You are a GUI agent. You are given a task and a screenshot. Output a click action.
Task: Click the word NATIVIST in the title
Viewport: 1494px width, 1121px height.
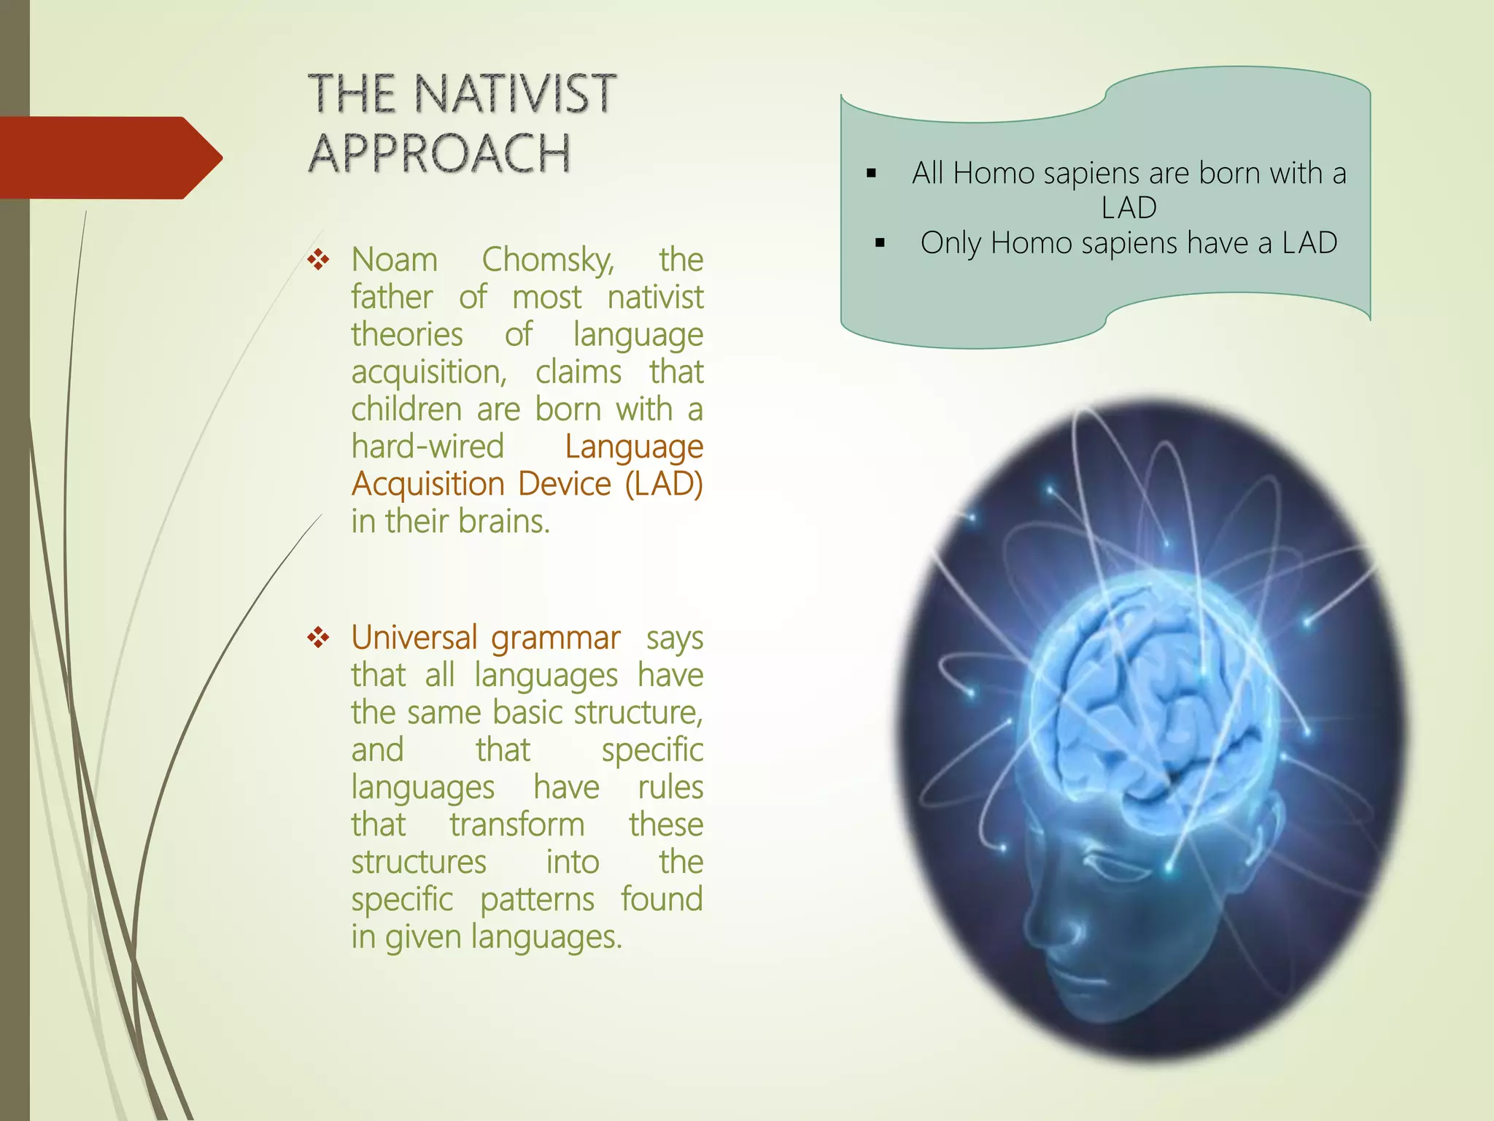514,94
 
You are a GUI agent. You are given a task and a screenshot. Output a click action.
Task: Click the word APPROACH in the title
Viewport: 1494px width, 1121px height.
439,154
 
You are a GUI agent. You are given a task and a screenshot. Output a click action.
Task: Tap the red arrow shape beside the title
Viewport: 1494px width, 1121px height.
109,158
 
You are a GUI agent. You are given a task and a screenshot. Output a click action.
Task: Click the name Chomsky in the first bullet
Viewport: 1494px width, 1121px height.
548,260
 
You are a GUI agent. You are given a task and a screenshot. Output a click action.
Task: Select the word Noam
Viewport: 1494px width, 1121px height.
395,260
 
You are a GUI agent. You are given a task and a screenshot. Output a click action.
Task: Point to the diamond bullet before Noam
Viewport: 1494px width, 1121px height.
319,260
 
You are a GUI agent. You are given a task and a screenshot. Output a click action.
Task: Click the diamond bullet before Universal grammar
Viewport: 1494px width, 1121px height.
319,638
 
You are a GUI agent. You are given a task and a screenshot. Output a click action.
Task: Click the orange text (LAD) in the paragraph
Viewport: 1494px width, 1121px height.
664,484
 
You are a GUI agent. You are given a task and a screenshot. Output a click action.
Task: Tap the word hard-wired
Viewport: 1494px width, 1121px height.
427,447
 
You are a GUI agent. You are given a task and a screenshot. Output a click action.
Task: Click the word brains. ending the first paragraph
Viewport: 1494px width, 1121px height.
504,522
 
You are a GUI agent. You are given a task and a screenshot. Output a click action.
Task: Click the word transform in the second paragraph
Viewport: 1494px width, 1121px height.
516,825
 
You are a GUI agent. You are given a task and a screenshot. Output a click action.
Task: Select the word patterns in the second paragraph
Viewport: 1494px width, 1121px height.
537,900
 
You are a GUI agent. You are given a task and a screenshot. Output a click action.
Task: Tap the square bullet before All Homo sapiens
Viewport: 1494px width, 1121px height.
871,174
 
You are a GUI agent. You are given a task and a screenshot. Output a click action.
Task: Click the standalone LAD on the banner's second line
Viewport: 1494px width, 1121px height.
1129,208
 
